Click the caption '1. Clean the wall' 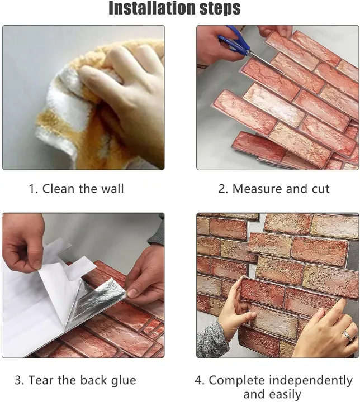[77, 189]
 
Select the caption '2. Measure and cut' [274, 189]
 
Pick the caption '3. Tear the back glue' [75, 381]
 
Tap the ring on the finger [347, 336]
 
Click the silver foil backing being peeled [98, 301]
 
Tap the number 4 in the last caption [200, 381]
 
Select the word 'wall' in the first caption [112, 189]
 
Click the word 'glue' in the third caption [124, 381]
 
